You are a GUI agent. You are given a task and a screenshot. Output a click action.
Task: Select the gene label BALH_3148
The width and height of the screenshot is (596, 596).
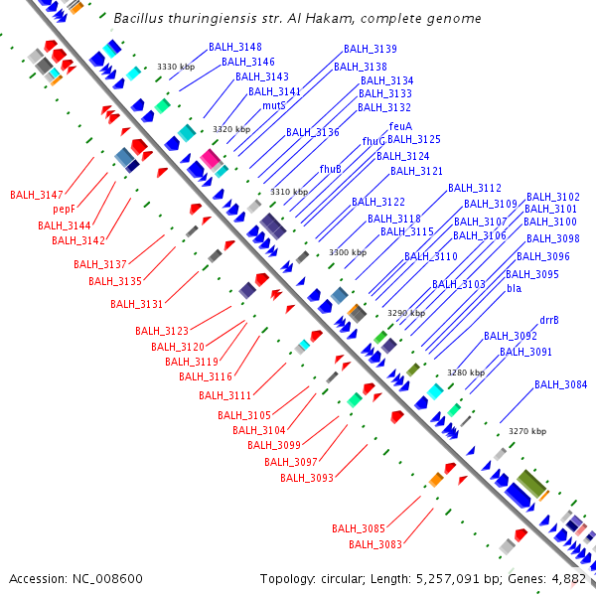pyautogui.click(x=235, y=48)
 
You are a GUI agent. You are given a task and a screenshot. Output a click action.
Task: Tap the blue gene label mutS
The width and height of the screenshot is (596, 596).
pyautogui.click(x=274, y=105)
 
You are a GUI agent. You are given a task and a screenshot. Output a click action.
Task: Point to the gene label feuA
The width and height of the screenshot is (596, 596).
pyautogui.click(x=400, y=126)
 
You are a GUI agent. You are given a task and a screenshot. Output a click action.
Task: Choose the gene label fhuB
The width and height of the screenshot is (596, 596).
pyautogui.click(x=331, y=169)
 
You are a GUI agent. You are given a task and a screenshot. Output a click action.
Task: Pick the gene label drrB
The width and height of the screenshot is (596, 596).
pyautogui.click(x=548, y=321)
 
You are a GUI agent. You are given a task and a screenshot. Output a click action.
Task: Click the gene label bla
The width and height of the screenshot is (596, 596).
pyautogui.click(x=514, y=289)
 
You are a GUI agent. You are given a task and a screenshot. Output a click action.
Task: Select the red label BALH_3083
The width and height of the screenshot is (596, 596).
pyautogui.click(x=375, y=543)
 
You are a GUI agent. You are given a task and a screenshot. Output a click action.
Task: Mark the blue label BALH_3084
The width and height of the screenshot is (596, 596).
pyautogui.click(x=560, y=384)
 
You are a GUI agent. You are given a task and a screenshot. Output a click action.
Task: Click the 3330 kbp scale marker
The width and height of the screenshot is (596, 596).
pyautogui.click(x=175, y=67)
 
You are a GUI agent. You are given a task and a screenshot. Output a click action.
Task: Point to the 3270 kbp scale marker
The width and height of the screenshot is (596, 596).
pyautogui.click(x=526, y=431)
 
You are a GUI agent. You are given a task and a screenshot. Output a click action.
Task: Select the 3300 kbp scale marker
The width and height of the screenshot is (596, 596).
pyautogui.click(x=347, y=252)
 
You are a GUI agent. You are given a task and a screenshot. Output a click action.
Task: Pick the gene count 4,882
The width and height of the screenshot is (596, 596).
pyautogui.click(x=567, y=578)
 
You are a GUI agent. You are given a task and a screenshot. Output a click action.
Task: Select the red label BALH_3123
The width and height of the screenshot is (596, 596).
pyautogui.click(x=162, y=331)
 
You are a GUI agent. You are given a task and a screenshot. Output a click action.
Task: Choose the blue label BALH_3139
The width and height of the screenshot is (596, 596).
pyautogui.click(x=371, y=49)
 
